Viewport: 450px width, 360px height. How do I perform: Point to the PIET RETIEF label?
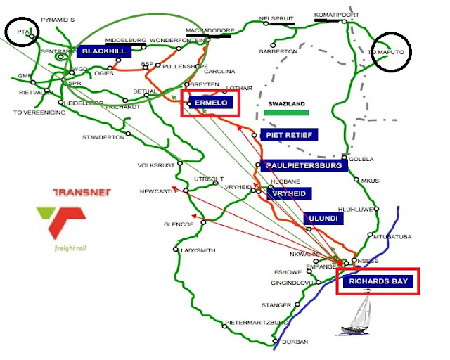(289, 134)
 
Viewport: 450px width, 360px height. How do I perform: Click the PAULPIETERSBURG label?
(304, 166)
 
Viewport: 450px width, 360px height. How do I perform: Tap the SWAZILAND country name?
(286, 103)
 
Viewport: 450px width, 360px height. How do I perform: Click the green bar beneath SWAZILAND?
(287, 112)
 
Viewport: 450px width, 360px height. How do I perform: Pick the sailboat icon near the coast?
(360, 316)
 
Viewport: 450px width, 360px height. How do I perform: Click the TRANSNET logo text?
(82, 194)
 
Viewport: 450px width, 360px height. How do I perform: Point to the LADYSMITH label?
(200, 251)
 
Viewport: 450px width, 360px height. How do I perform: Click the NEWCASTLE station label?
(160, 191)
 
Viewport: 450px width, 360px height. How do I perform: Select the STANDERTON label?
(103, 137)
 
